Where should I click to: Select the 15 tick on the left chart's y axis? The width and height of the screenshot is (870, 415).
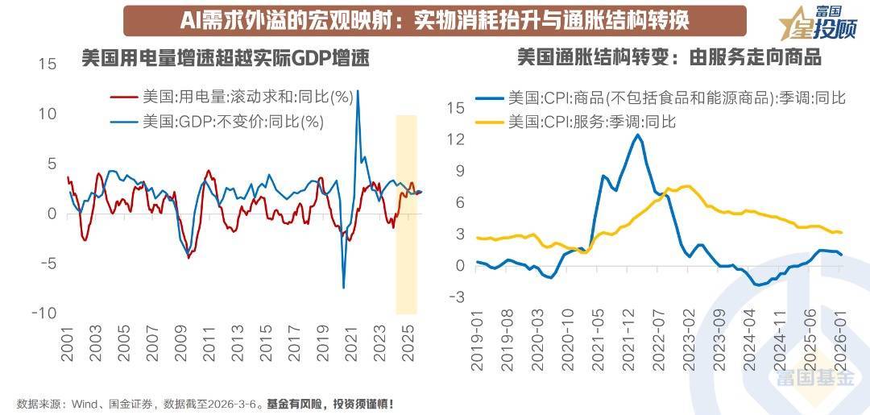47,64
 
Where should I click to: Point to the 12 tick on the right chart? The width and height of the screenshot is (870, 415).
456,139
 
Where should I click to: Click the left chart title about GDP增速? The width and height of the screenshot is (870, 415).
225,58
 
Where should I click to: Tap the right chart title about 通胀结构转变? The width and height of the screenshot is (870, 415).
668,58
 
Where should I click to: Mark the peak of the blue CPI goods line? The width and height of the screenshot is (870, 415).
637,135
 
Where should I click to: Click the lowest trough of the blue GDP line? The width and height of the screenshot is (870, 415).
344,288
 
